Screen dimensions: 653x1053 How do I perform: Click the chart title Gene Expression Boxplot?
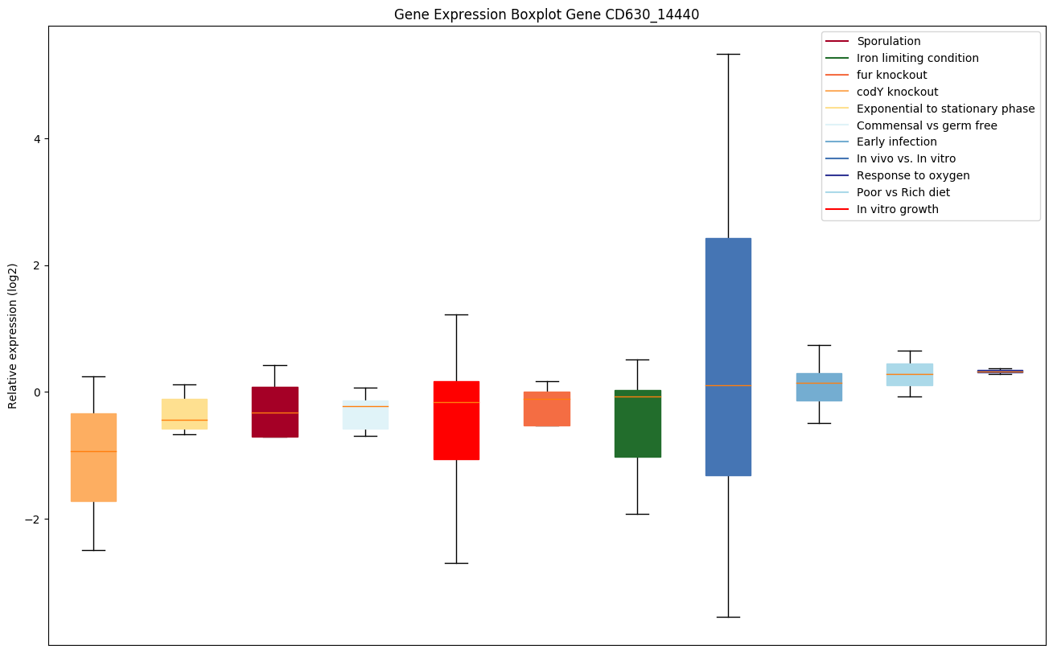541,14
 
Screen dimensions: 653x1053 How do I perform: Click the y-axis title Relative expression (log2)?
13,335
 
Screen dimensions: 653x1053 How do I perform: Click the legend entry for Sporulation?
888,41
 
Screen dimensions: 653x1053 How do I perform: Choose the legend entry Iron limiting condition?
917,58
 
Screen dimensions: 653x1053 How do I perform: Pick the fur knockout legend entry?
891,75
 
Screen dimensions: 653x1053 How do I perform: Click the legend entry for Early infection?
896,142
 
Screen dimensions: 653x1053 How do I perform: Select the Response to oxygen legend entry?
912,175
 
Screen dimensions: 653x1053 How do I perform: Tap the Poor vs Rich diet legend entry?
903,192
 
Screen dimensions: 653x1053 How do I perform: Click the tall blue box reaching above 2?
728,322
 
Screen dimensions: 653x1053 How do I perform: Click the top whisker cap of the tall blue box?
728,54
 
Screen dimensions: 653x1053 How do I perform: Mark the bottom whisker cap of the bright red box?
456,563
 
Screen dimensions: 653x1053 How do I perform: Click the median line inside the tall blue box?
728,385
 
